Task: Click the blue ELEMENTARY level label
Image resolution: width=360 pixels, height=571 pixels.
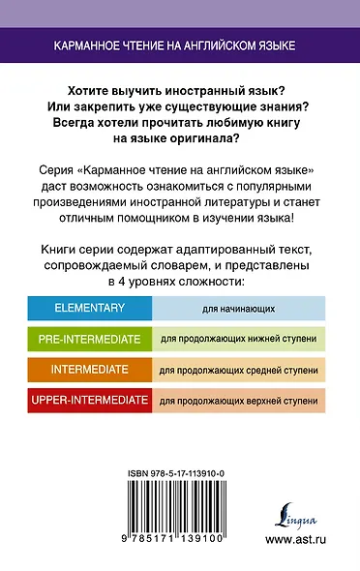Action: coord(86,308)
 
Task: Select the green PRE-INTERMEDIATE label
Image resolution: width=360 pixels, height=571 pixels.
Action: coord(86,340)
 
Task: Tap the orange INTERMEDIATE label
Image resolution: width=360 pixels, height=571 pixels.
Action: coord(86,370)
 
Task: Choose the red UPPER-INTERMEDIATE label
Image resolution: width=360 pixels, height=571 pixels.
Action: coord(86,400)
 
